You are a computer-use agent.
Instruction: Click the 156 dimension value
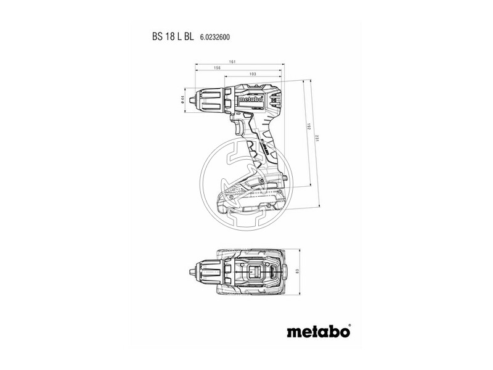tap(218, 68)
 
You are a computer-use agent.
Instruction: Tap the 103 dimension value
tap(253, 74)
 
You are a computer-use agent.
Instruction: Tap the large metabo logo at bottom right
tap(319, 331)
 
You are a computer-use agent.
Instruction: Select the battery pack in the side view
tap(250, 194)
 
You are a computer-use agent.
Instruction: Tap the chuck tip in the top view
tap(190, 271)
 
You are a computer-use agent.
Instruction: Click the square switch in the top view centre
tap(254, 271)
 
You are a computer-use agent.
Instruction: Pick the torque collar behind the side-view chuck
tap(227, 99)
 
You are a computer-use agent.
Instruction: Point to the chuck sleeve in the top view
tap(206, 271)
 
